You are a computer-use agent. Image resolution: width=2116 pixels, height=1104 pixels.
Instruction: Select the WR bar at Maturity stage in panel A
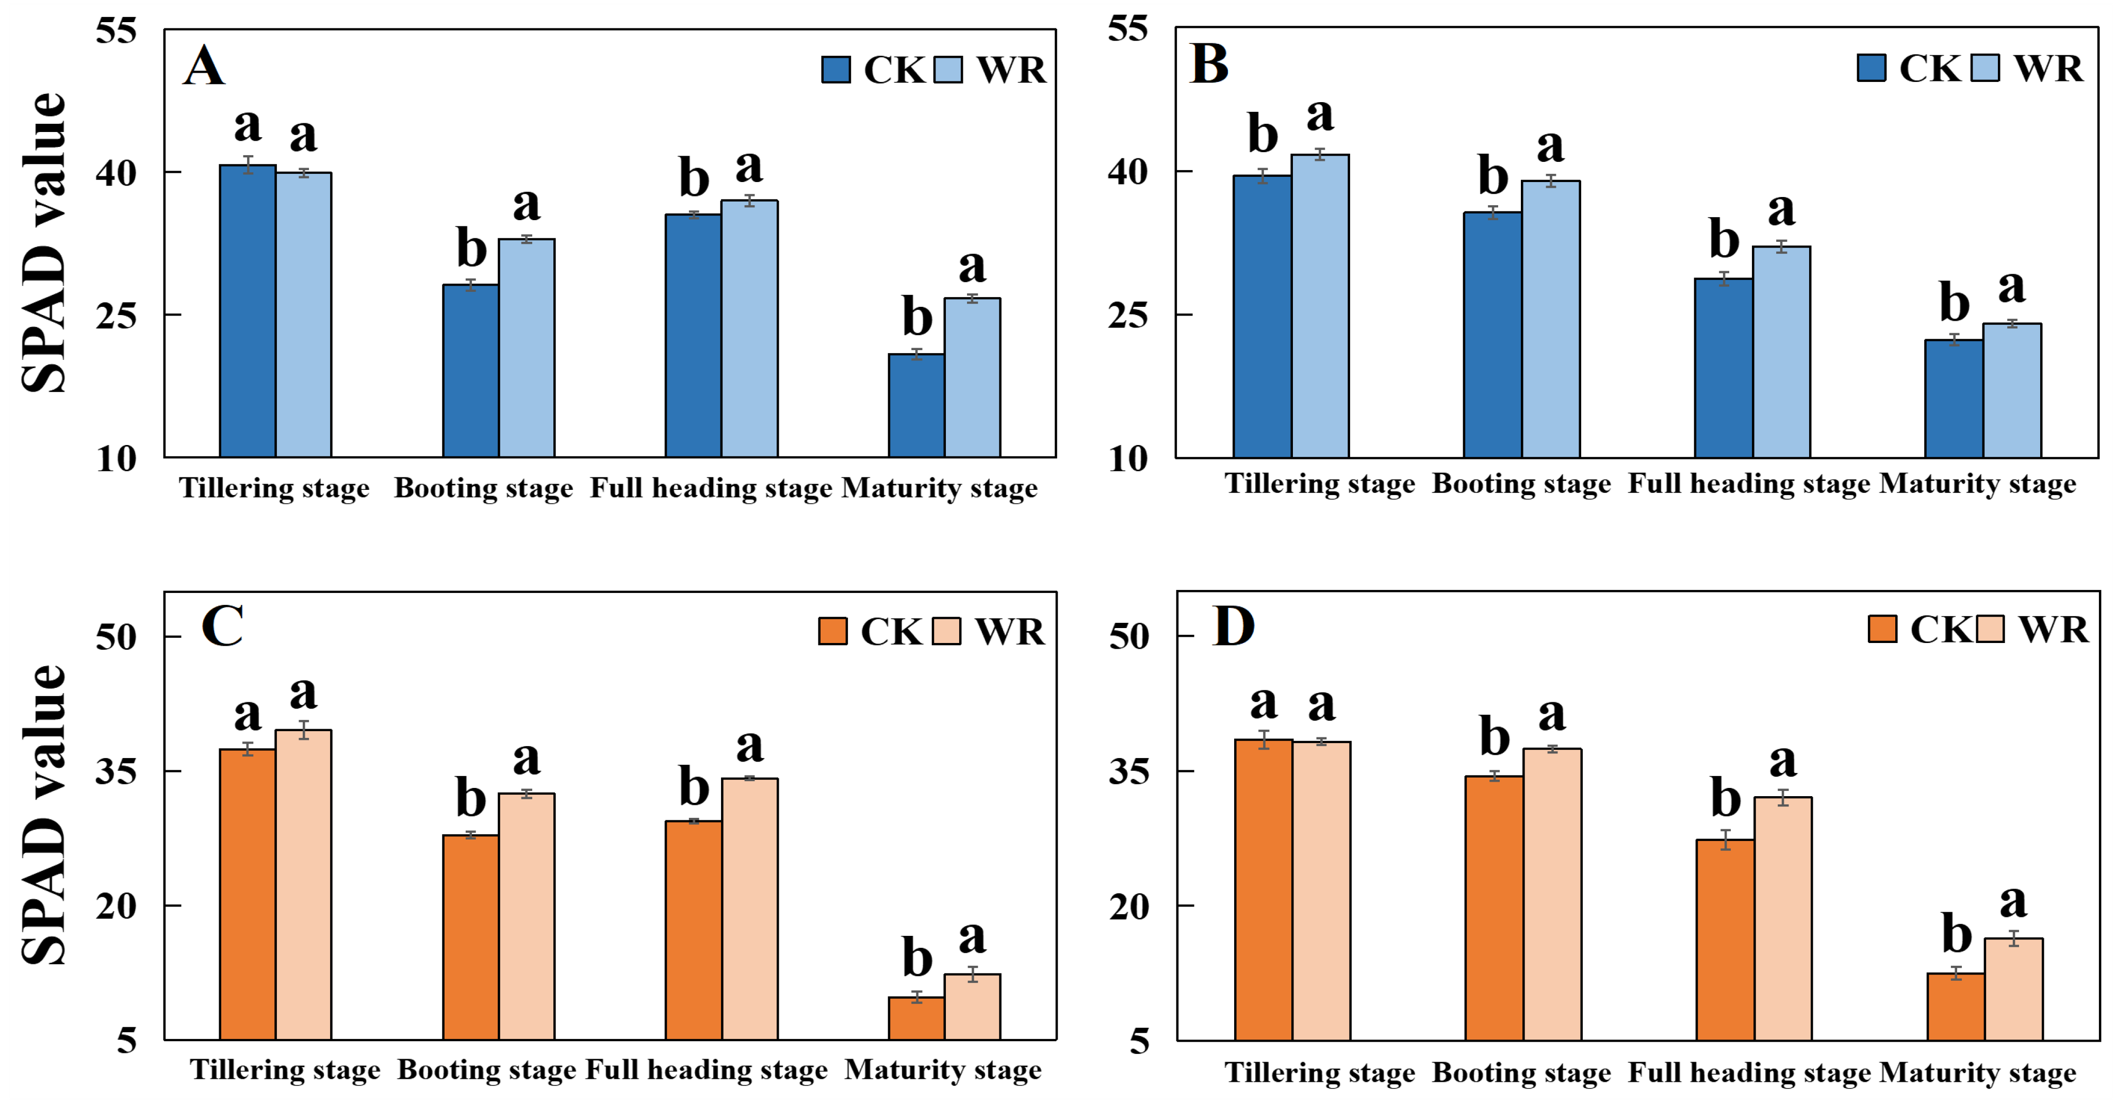point(973,378)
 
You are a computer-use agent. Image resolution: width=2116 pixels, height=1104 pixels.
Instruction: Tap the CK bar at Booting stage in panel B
point(1492,335)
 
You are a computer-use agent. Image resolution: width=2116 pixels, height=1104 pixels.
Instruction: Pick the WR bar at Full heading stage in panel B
point(1782,352)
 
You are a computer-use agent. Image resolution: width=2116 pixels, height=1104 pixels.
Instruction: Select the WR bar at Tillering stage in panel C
point(304,885)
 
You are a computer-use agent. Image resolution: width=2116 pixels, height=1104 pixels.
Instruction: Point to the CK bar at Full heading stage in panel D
point(1725,941)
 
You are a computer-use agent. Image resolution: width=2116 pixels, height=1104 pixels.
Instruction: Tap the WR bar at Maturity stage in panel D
point(2014,990)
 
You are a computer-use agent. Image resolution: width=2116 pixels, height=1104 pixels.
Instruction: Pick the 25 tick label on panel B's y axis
point(1128,315)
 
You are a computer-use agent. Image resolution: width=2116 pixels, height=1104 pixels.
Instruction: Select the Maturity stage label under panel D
point(1978,1073)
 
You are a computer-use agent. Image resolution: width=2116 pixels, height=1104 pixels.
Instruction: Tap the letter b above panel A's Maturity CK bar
point(917,316)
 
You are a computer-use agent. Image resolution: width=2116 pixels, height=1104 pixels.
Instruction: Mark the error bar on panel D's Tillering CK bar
point(1264,740)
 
